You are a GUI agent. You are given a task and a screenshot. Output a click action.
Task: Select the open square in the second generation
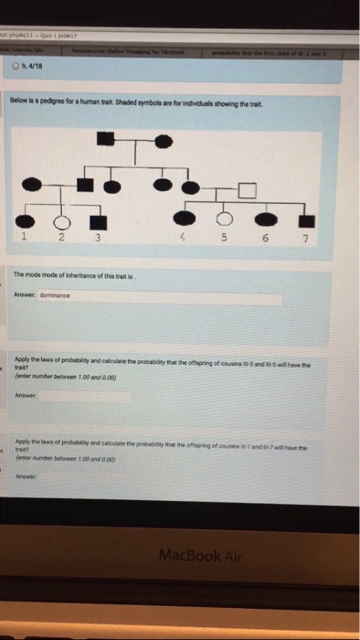pyautogui.click(x=245, y=189)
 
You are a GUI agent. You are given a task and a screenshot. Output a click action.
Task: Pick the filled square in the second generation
pyautogui.click(x=85, y=184)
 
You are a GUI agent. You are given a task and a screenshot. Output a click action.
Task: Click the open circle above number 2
pyautogui.click(x=62, y=221)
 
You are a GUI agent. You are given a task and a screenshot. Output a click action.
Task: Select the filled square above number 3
pyautogui.click(x=95, y=221)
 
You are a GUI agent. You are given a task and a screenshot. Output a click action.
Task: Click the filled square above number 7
pyautogui.click(x=306, y=220)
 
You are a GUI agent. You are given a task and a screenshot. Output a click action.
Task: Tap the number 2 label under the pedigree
pyautogui.click(x=62, y=239)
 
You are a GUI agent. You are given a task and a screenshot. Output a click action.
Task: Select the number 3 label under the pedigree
pyautogui.click(x=96, y=240)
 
